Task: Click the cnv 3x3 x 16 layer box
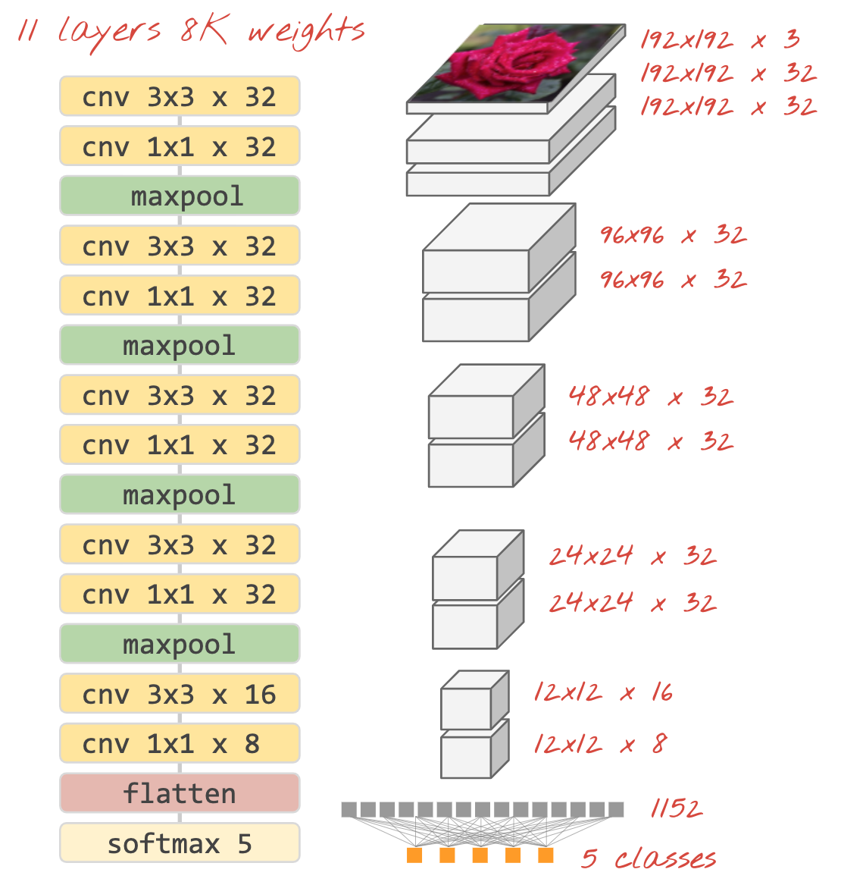click(x=180, y=694)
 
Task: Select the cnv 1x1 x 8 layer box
click(x=180, y=744)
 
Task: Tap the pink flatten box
click(x=180, y=793)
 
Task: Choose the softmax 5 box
click(x=180, y=843)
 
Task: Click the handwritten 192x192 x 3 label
click(x=720, y=39)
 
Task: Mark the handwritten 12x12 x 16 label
click(x=603, y=692)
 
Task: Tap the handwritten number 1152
click(x=676, y=809)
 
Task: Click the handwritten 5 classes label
click(x=649, y=858)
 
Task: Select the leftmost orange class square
click(x=414, y=855)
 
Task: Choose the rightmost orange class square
click(x=546, y=855)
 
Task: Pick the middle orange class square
click(x=480, y=855)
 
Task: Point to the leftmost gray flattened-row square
click(x=349, y=809)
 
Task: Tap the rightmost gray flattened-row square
click(x=616, y=809)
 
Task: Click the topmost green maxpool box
click(x=180, y=196)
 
